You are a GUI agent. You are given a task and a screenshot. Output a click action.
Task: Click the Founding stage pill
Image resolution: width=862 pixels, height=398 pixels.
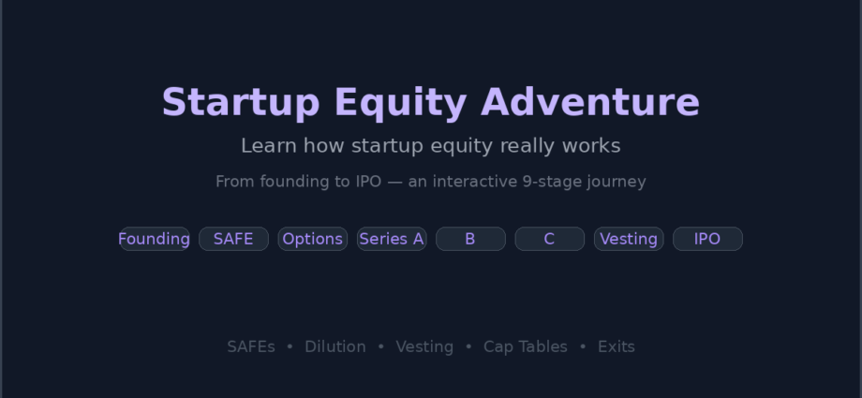click(154, 239)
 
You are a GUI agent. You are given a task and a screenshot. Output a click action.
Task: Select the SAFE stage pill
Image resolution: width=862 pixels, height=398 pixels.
click(233, 239)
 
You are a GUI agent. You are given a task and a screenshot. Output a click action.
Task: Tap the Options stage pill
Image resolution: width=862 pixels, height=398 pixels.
click(312, 239)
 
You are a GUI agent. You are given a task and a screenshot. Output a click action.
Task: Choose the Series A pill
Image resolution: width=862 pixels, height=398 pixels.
click(392, 239)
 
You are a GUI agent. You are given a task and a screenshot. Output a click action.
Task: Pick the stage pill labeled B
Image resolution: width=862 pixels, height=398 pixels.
click(470, 239)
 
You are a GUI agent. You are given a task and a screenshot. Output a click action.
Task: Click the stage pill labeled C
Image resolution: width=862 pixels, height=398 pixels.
click(549, 239)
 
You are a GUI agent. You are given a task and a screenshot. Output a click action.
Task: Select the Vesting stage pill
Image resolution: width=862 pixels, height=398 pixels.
click(629, 239)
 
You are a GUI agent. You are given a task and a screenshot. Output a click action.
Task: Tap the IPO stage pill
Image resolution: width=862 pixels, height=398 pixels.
click(707, 239)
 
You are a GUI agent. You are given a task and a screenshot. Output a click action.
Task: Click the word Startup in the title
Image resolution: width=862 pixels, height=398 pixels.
click(240, 103)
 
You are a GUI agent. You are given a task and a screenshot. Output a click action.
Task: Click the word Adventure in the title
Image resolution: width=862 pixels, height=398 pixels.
click(590, 103)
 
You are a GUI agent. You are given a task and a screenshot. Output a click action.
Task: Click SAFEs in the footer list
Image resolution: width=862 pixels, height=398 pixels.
click(251, 346)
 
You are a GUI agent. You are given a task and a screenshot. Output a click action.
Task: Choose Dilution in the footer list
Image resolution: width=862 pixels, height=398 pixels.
click(334, 346)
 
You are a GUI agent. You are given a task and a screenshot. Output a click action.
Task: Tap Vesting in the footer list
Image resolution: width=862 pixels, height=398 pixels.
click(424, 346)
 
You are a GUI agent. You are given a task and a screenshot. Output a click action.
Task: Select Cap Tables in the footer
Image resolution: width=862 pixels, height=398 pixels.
click(525, 346)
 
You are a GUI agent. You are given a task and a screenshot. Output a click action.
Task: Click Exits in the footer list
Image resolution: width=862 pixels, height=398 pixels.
click(616, 346)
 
